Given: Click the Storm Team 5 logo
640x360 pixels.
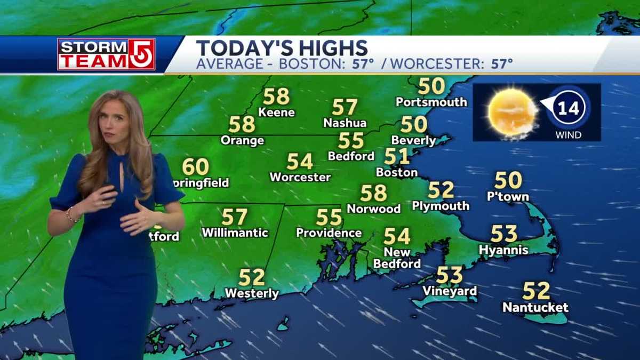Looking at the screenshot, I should click(x=106, y=54).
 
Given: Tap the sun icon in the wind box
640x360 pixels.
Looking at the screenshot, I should click(x=512, y=111).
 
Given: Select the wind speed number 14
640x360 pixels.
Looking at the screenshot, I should click(x=568, y=109).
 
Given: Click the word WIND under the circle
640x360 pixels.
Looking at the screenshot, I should click(x=568, y=135).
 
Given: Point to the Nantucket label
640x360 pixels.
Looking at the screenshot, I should click(x=535, y=308).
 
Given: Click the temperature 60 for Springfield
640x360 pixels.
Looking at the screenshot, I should click(x=195, y=167).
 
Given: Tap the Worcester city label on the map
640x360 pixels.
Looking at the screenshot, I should click(x=300, y=177).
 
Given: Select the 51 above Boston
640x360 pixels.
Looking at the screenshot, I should click(x=397, y=156).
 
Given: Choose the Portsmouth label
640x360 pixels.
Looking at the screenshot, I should click(x=431, y=102).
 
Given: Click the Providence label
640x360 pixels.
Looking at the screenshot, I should click(x=329, y=233).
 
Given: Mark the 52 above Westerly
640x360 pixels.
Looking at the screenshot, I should click(x=252, y=277).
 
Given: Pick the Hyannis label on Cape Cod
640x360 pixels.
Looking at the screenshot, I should click(x=503, y=250).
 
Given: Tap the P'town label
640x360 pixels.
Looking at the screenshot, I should click(x=508, y=197).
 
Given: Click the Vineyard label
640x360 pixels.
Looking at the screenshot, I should click(x=450, y=291).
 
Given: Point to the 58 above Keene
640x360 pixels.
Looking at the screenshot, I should click(x=276, y=97).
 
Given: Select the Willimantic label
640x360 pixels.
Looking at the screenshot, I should click(x=235, y=233).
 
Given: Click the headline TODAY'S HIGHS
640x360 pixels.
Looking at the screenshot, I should click(x=282, y=47).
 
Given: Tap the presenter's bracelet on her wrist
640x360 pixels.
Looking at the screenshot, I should click(x=70, y=214).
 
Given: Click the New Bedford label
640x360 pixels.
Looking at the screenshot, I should click(x=397, y=258).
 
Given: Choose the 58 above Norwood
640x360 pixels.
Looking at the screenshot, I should click(x=373, y=193).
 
